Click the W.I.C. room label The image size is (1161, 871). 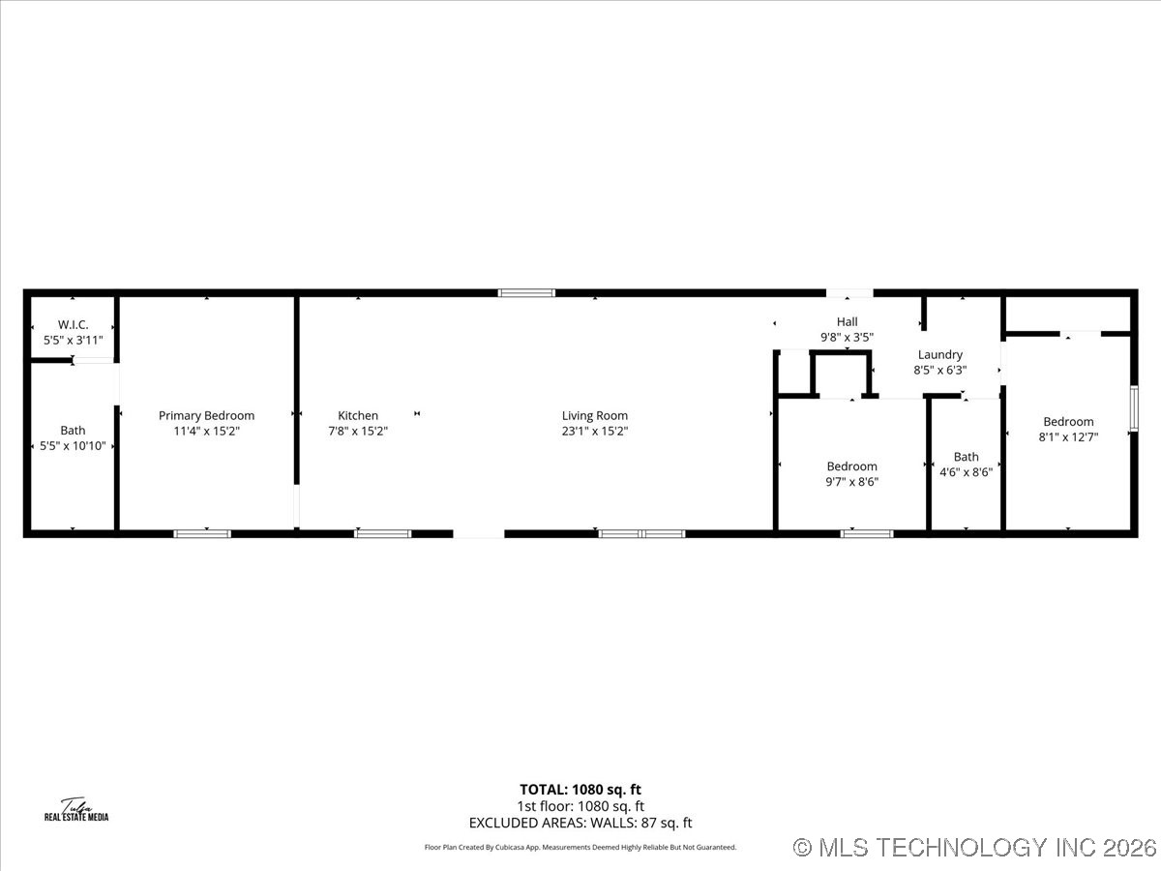[73, 325]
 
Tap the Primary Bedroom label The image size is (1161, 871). [206, 416]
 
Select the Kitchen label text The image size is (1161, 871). [358, 416]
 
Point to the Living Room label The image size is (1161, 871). [595, 416]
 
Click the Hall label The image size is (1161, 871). [847, 322]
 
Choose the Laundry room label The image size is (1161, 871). [939, 355]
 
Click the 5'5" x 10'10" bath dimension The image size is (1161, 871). [73, 446]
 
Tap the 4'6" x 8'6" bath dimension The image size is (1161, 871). [966, 472]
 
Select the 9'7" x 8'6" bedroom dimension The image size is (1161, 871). [851, 481]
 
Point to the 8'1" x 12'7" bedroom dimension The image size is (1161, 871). [1068, 436]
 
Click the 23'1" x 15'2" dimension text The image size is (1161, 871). [595, 432]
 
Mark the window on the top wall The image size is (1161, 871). [527, 292]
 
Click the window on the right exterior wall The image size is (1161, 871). [1134, 407]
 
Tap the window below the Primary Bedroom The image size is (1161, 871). [202, 533]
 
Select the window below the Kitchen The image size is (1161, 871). [383, 533]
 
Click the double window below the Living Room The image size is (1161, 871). [641, 533]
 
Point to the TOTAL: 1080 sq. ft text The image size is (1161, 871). [580, 790]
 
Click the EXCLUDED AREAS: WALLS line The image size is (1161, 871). [580, 823]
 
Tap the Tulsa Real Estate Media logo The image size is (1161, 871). [76, 810]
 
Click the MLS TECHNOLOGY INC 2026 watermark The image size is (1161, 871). [975, 848]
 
